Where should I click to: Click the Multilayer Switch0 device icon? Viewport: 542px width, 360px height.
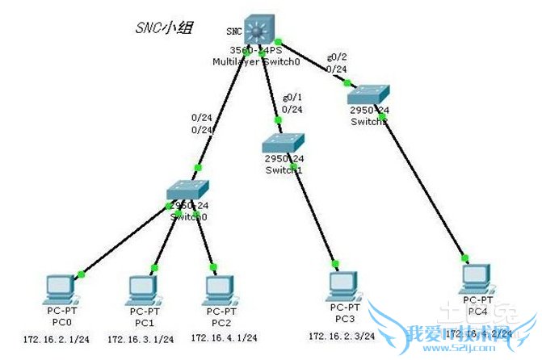(261, 30)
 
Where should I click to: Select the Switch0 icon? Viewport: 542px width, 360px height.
(187, 190)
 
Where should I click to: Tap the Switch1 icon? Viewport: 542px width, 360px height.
(282, 144)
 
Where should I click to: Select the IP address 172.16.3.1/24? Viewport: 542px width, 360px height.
(137, 338)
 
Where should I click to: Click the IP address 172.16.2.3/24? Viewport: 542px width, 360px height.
(338, 334)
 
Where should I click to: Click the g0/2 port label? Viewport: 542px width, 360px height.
(336, 57)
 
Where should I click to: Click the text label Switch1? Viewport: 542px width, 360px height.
(284, 170)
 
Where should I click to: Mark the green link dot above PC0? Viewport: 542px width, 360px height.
(81, 274)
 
